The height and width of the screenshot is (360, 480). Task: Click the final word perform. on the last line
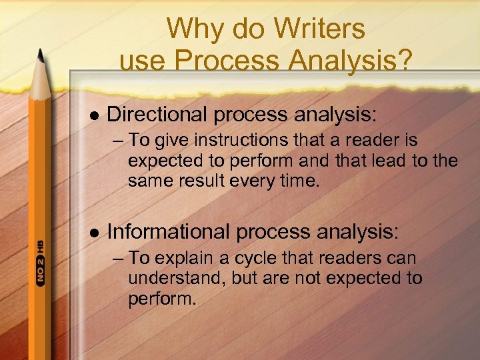(162, 297)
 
